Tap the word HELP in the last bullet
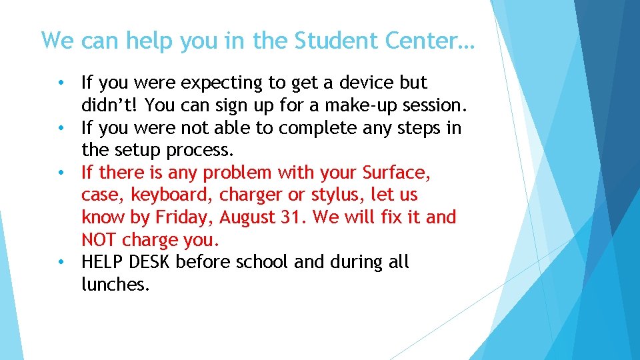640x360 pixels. click(x=101, y=262)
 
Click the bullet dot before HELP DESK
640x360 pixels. click(x=61, y=262)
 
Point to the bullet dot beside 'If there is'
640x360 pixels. click(x=61, y=173)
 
